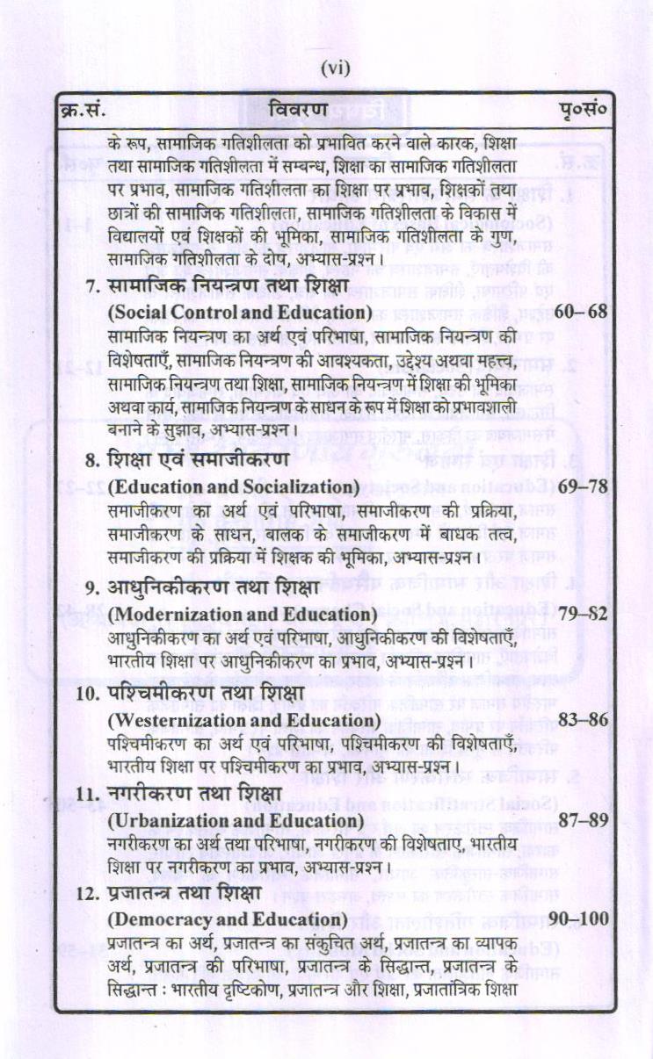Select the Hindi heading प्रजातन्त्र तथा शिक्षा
coord(186,892)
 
